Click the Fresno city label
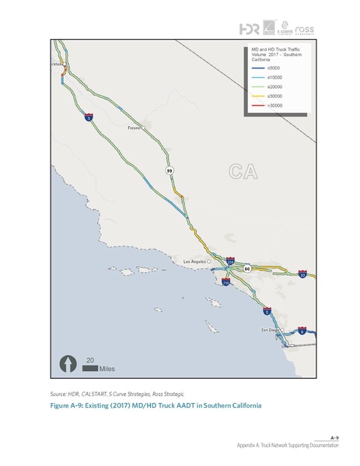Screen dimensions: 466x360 point(135,126)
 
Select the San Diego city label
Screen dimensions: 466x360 point(268,331)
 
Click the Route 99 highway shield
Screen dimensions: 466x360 point(169,169)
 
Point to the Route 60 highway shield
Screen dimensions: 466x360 point(246,268)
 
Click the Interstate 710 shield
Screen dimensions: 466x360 point(225,283)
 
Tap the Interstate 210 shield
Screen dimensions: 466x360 point(230,262)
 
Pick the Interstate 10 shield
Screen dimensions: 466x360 point(302,274)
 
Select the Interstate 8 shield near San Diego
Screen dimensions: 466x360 point(302,331)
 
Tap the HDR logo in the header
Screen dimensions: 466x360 point(250,29)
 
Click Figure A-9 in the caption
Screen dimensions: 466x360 point(68,406)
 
